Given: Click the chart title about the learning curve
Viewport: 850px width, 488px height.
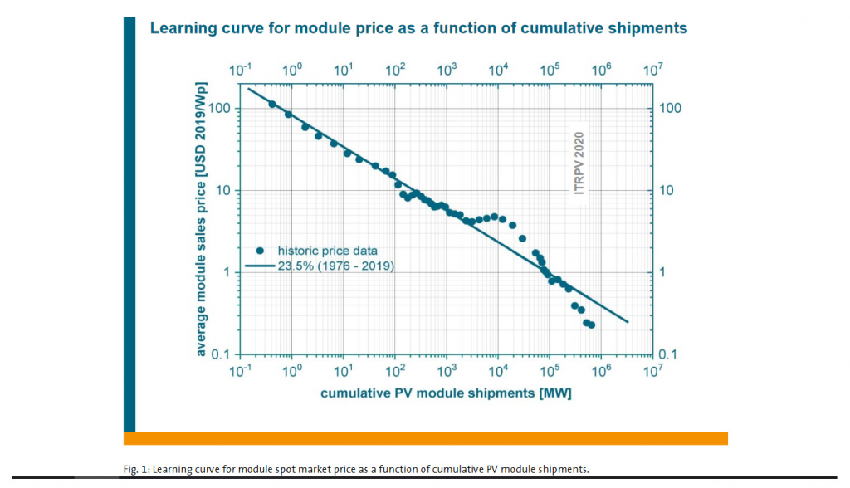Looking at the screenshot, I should [418, 28].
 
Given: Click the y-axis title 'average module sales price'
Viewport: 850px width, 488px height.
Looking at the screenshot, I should [200, 221].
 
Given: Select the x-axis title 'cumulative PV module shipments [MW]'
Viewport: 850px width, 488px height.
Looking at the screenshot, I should [446, 393].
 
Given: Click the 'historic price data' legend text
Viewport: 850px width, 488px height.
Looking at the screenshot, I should [327, 251].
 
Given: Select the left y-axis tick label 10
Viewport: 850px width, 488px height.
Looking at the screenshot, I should [222, 191].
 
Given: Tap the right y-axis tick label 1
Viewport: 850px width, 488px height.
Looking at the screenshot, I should [662, 272].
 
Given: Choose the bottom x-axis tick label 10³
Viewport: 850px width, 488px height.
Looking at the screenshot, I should [447, 370].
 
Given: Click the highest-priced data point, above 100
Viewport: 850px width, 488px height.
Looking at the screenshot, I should [272, 104].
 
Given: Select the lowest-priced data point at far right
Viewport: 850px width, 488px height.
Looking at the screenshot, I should [591, 325].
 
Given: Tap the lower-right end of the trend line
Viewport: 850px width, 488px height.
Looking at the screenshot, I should [628, 321].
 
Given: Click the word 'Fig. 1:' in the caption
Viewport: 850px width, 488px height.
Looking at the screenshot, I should [136, 469].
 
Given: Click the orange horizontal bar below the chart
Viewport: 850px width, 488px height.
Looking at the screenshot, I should [425, 438].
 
